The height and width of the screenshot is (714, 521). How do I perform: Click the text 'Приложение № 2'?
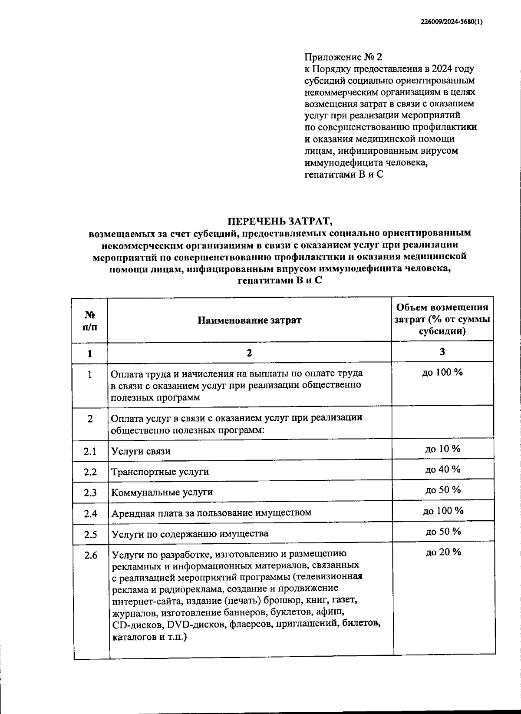point(343,57)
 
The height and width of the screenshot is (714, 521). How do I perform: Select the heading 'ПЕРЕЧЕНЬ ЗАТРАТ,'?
point(280,221)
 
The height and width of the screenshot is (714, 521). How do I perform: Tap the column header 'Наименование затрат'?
point(249,321)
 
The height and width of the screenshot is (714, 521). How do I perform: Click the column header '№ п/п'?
point(89,321)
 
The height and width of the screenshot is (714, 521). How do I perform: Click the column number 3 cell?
point(442,352)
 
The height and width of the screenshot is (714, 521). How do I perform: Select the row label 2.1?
point(90,451)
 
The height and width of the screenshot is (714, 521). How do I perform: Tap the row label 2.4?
point(90,513)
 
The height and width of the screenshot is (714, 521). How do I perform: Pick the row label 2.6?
point(90,555)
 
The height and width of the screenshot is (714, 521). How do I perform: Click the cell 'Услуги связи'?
point(141,451)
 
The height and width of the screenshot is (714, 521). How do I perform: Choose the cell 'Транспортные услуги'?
point(160,472)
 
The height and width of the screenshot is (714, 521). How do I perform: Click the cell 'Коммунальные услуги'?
point(162,493)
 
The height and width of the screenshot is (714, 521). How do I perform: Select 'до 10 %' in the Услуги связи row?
point(442,449)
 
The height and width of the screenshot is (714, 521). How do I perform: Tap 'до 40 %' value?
point(442,469)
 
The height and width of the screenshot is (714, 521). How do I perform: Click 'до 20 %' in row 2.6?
point(443,552)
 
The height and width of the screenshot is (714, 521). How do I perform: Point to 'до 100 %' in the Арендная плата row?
point(443,511)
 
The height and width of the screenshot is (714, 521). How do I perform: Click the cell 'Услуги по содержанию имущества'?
point(190,534)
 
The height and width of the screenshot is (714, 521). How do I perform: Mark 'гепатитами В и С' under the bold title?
point(280,281)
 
